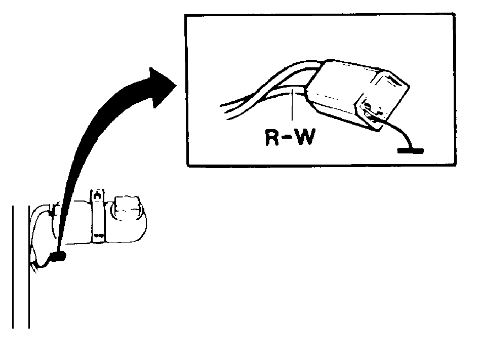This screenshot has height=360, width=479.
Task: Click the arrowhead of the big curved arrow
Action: [162, 88]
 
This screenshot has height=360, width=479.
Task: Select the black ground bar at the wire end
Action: [410, 151]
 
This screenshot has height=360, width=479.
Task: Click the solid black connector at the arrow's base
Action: [57, 256]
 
